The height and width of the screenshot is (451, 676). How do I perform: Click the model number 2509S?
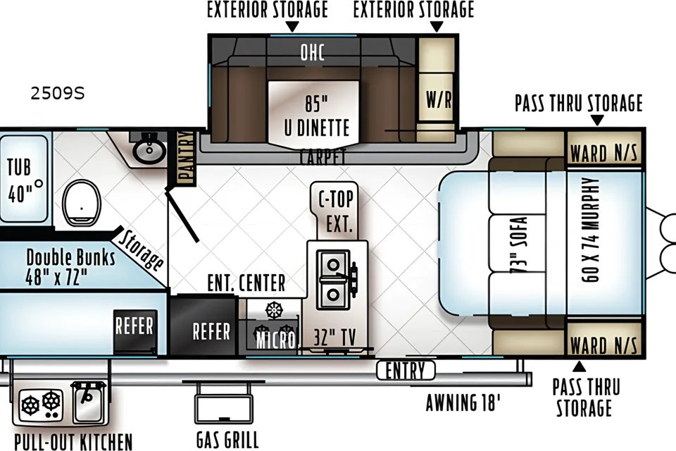57,93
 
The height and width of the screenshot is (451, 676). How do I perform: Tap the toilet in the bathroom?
82,202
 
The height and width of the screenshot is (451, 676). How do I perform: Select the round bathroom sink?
149,151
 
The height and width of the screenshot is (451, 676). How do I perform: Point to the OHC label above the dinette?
313,53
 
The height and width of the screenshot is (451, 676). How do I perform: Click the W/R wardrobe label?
439,99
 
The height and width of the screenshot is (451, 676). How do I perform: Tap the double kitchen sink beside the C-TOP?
333,279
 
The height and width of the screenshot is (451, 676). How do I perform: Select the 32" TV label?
335,337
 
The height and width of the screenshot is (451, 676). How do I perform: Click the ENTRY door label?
406,370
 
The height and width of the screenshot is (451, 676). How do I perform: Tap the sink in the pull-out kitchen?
89,402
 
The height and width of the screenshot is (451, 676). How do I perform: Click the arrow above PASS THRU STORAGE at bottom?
579,367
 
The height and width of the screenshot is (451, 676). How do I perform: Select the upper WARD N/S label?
603,153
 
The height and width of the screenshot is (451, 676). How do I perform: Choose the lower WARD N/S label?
603,345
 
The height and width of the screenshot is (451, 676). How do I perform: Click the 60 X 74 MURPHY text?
590,230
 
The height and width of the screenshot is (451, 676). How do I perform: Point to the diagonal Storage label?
140,250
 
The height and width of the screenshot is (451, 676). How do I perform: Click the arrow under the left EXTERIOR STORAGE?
293,27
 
